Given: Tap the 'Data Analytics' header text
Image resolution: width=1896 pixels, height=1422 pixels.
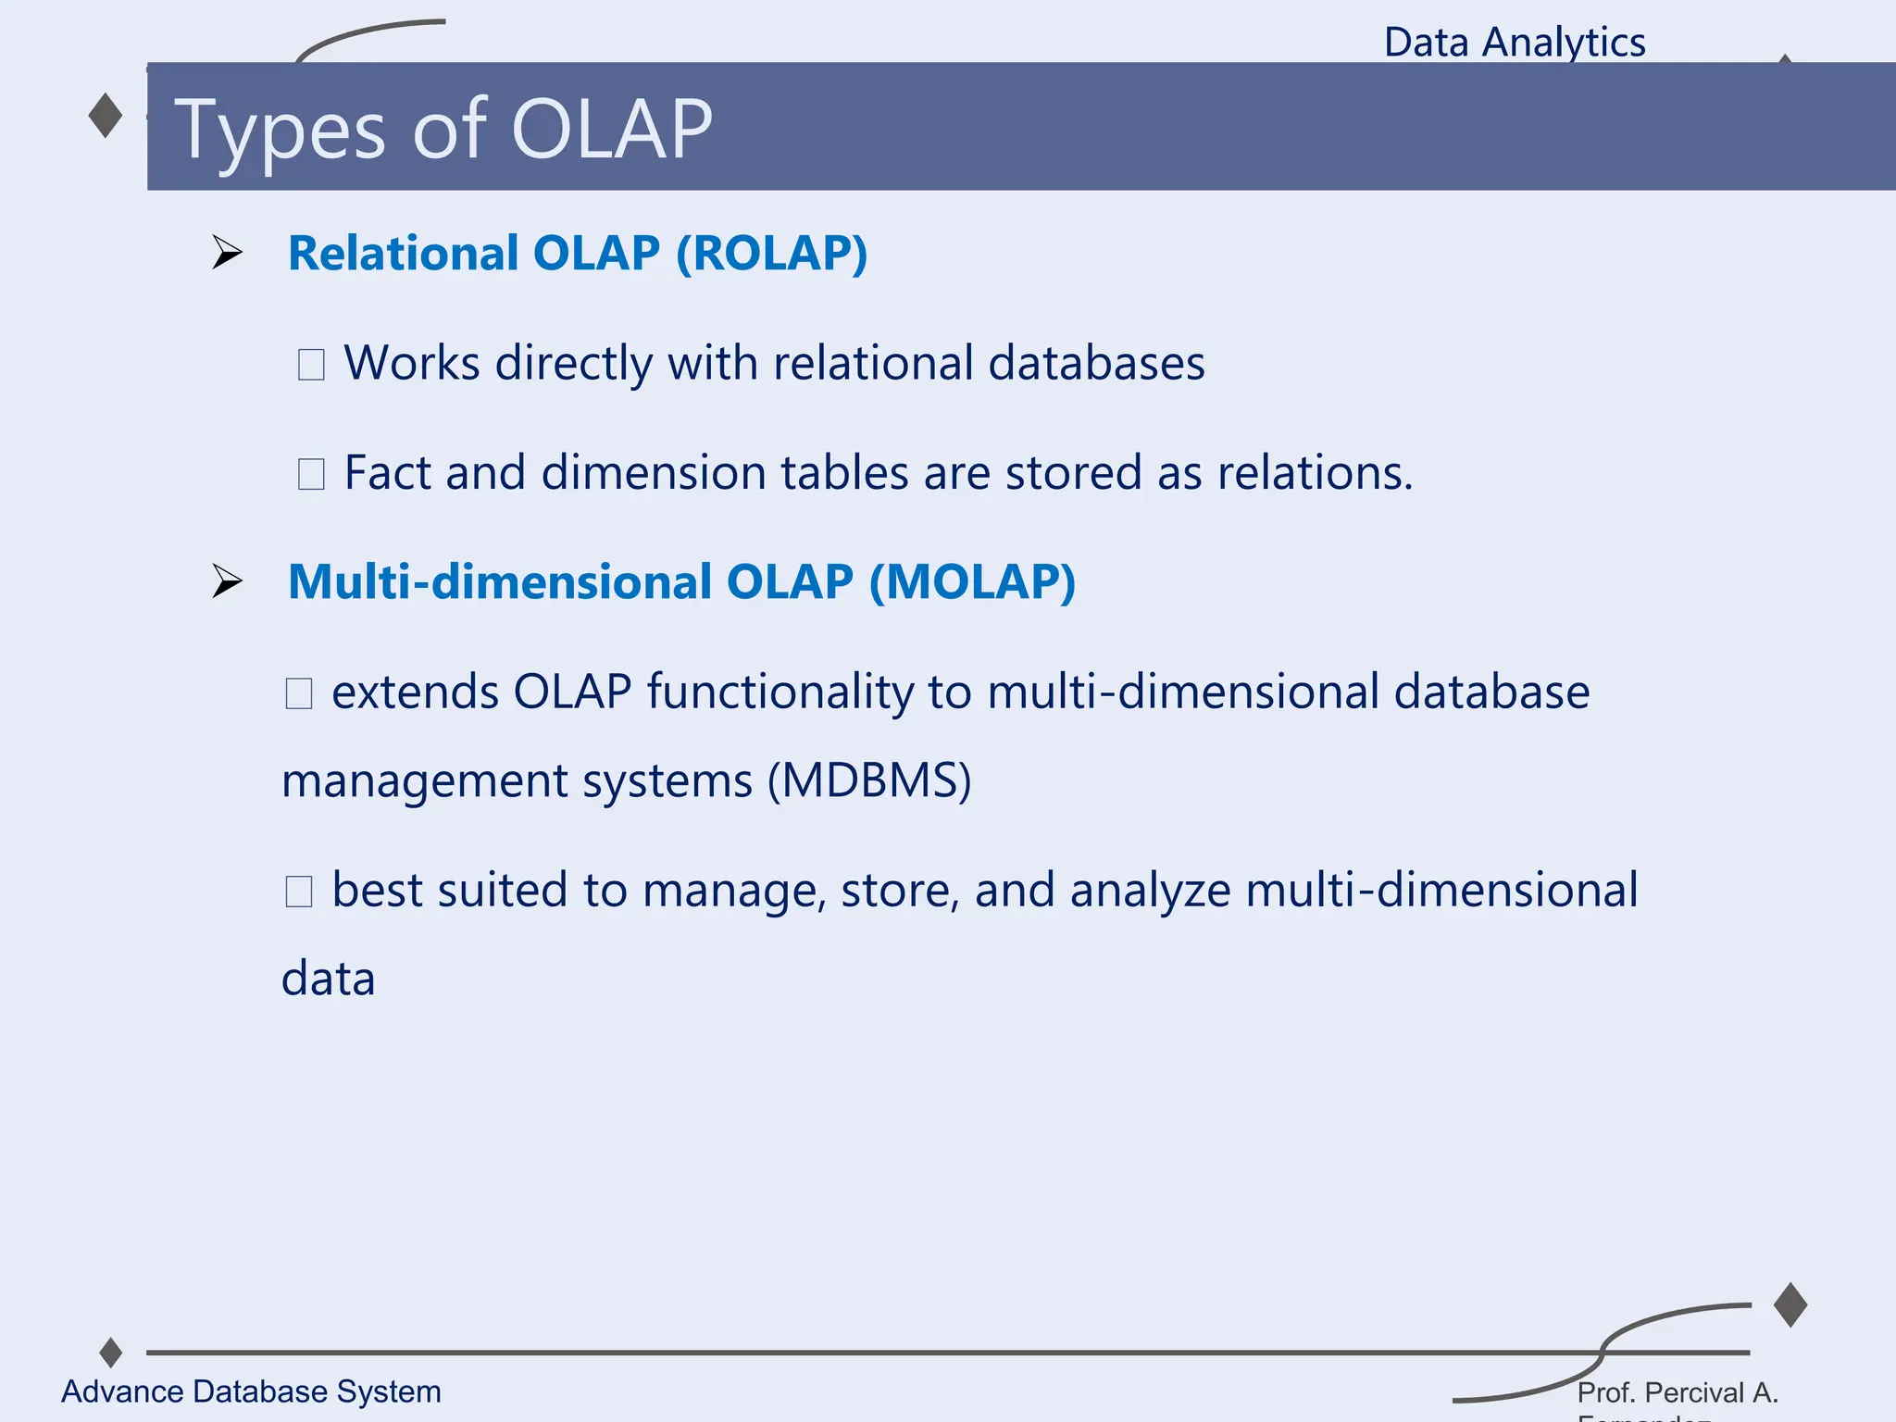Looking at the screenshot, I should pyautogui.click(x=1515, y=43).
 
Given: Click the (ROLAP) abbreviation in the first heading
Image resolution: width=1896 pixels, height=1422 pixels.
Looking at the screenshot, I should pyautogui.click(x=772, y=254).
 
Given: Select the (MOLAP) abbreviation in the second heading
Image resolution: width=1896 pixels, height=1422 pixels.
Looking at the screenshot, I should pyautogui.click(x=972, y=582).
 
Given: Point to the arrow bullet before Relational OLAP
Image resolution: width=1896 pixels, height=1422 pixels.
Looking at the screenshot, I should pyautogui.click(x=227, y=253).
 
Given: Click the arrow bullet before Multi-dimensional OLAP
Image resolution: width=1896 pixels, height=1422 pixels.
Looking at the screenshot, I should pyautogui.click(x=227, y=581).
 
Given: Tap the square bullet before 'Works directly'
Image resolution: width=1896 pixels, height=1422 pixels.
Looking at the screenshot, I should pyautogui.click(x=311, y=364).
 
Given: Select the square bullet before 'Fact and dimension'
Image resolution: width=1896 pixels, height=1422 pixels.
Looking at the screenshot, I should pyautogui.click(x=311, y=474).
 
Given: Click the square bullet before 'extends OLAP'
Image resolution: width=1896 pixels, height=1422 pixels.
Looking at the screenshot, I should pyautogui.click(x=299, y=693).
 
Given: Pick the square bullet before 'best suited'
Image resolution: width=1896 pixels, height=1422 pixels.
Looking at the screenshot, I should pyautogui.click(x=299, y=892).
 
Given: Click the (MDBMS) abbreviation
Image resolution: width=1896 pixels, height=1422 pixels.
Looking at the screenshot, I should pyautogui.click(x=869, y=780).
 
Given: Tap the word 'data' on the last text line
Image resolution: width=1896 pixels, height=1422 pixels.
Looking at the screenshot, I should pyautogui.click(x=329, y=979).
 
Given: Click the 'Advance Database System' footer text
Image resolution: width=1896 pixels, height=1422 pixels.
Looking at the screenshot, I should pyautogui.click(x=251, y=1391).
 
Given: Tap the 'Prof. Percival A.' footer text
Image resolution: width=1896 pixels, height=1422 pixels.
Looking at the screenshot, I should pyautogui.click(x=1678, y=1392).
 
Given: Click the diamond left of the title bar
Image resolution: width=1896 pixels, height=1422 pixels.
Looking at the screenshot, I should pyautogui.click(x=106, y=116).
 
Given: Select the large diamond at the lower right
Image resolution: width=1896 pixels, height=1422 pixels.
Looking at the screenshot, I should pyautogui.click(x=1790, y=1305).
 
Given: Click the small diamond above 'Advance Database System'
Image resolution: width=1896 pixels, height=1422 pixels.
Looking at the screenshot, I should pyautogui.click(x=111, y=1353).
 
